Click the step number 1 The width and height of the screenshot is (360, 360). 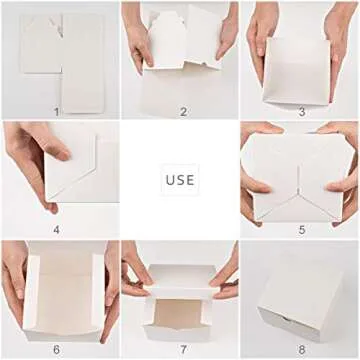(x=57, y=111)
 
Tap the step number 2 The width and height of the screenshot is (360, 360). (x=182, y=111)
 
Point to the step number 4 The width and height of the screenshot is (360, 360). (x=57, y=230)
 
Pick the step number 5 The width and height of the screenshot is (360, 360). (x=301, y=230)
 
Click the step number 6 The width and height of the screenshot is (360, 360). (x=57, y=349)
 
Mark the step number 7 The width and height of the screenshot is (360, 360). (x=182, y=349)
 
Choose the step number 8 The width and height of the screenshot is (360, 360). (x=301, y=349)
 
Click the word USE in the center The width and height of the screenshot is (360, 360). (x=180, y=180)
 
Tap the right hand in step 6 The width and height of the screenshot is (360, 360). (x=108, y=290)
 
